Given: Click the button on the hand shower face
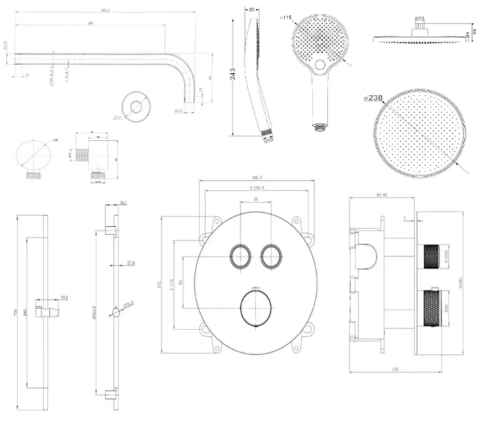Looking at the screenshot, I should [321, 66].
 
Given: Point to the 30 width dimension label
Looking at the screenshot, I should [252, 10].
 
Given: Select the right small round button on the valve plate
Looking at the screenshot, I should [271, 256].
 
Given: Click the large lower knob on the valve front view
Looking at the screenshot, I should [255, 308].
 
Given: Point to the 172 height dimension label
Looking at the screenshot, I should [161, 285].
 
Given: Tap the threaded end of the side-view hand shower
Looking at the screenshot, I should [266, 132].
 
